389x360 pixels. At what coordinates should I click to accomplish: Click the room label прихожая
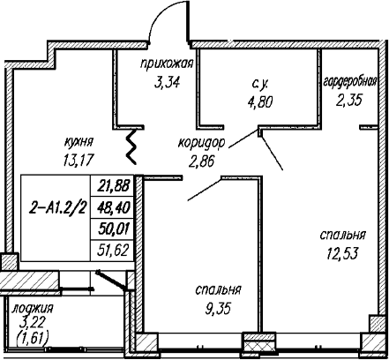167,64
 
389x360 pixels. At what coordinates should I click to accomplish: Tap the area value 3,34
167,83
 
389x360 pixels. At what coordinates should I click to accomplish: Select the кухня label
79,142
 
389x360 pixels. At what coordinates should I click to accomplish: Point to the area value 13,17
79,161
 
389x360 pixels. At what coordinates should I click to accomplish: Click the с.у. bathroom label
260,85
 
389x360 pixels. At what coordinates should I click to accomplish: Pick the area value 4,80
260,102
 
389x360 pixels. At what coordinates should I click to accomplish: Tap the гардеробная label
350,82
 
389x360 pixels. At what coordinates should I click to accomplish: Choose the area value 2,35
349,101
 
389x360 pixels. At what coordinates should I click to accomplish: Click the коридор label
202,143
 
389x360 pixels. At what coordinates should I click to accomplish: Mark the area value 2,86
202,161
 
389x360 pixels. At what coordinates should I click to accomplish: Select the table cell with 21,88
113,186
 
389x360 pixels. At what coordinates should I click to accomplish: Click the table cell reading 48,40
113,207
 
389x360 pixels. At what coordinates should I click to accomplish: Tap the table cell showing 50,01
113,229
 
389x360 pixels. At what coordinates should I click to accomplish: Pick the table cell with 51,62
113,251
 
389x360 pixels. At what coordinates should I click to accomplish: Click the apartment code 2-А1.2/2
58,209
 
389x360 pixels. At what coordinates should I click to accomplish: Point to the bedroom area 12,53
342,253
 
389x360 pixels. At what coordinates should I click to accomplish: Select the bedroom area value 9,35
218,309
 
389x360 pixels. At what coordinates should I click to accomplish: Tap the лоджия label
33,309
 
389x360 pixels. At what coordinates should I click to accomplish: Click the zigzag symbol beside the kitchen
131,146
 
